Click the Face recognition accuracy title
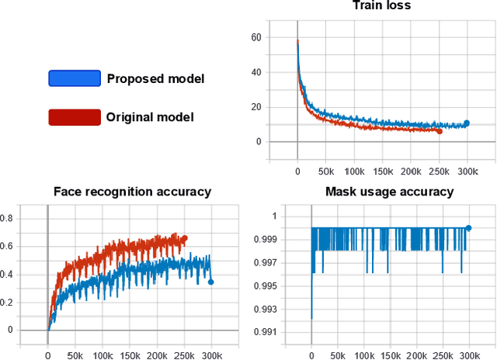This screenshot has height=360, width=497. pyautogui.click(x=132, y=192)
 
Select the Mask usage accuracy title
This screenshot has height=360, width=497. pyautogui.click(x=389, y=192)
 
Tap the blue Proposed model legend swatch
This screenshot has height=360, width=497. pyautogui.click(x=75, y=78)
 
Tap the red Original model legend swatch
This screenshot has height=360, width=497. pyautogui.click(x=75, y=117)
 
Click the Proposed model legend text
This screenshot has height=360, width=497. pyautogui.click(x=150, y=78)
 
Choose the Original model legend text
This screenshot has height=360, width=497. pyautogui.click(x=150, y=117)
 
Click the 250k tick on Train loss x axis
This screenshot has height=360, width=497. pyautogui.click(x=440, y=171)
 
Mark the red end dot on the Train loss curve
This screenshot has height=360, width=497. pyautogui.click(x=440, y=131)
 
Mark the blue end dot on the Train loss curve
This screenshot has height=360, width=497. pyautogui.click(x=467, y=123)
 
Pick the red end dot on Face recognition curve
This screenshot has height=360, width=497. pyautogui.click(x=184, y=238)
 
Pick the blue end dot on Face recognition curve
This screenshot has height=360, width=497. pyautogui.click(x=211, y=282)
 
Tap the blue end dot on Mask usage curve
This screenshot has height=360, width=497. pyautogui.click(x=468, y=228)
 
